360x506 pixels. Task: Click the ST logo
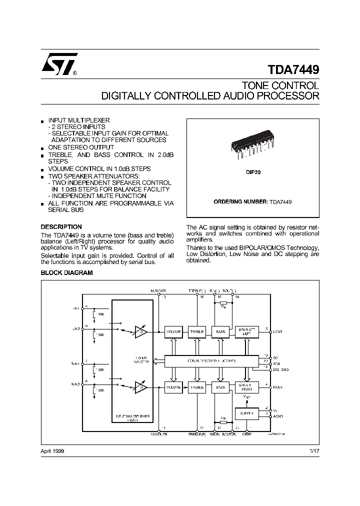point(58,64)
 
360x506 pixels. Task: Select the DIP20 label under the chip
point(252,171)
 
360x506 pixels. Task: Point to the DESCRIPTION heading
point(61,226)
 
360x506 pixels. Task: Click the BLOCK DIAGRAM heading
point(66,272)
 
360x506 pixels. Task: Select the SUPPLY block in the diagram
point(246,413)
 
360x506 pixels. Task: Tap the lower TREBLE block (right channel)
point(196,387)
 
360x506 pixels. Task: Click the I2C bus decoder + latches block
point(211,360)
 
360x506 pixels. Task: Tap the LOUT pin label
point(278,331)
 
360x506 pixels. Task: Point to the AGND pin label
point(278,416)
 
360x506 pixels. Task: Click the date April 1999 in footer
point(52,451)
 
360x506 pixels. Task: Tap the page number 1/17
point(314,451)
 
